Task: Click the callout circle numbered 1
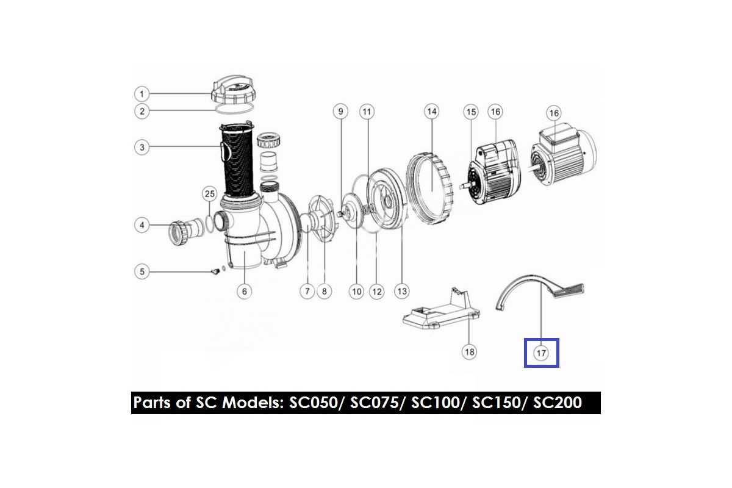pos(142,94)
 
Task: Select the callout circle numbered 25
pos(210,193)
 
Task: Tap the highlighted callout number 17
pos(541,353)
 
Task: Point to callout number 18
pos(470,352)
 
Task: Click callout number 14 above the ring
pos(432,112)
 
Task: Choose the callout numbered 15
pos(471,112)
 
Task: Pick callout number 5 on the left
pos(142,271)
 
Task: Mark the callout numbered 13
pos(402,291)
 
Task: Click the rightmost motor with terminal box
pos(562,154)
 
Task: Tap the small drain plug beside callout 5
pos(215,271)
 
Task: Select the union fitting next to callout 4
pos(186,231)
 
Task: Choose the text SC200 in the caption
pos(558,403)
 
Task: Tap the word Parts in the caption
pos(153,403)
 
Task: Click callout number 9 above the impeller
pos(340,112)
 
